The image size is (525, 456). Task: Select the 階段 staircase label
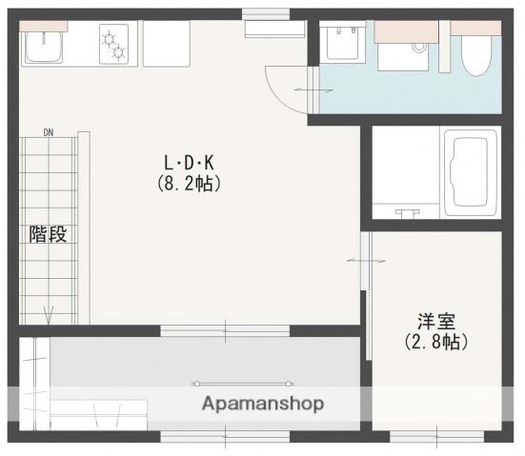pos(48,234)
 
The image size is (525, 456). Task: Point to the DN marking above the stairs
pos(49,132)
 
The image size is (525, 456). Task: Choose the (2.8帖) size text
pos(436,341)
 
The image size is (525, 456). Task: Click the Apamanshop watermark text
pos(262,403)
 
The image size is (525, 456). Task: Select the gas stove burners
pos(116,44)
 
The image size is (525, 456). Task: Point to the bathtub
pos(471,172)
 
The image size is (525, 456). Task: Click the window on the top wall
pos(266,13)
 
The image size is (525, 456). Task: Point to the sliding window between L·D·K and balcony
pos(225,331)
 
